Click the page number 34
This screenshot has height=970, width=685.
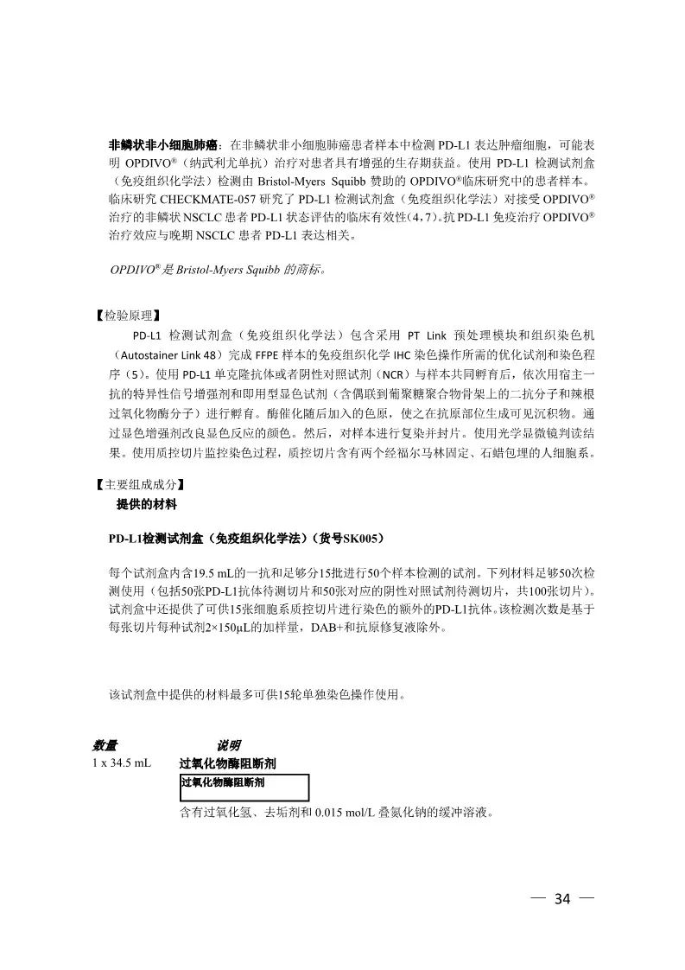[562, 898]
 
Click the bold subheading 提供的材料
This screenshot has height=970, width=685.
[146, 503]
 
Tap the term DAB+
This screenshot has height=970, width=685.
[317, 628]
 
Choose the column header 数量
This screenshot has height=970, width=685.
[105, 745]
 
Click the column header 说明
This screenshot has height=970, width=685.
[228, 745]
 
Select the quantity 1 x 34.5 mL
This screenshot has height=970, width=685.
[122, 763]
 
